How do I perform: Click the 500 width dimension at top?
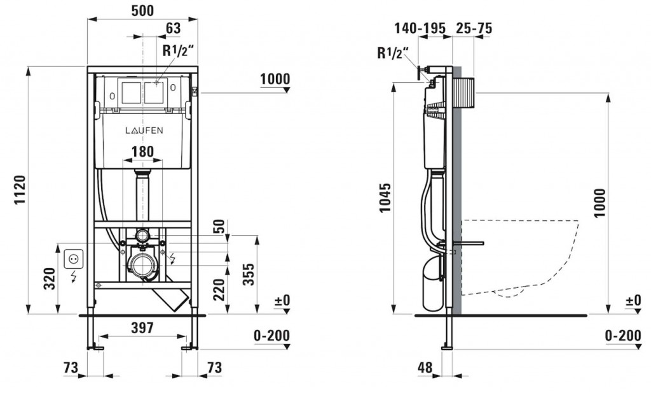[142, 11]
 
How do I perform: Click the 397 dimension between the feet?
[142, 328]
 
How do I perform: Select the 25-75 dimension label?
[474, 28]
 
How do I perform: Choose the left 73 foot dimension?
[70, 367]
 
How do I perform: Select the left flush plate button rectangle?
[131, 92]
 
